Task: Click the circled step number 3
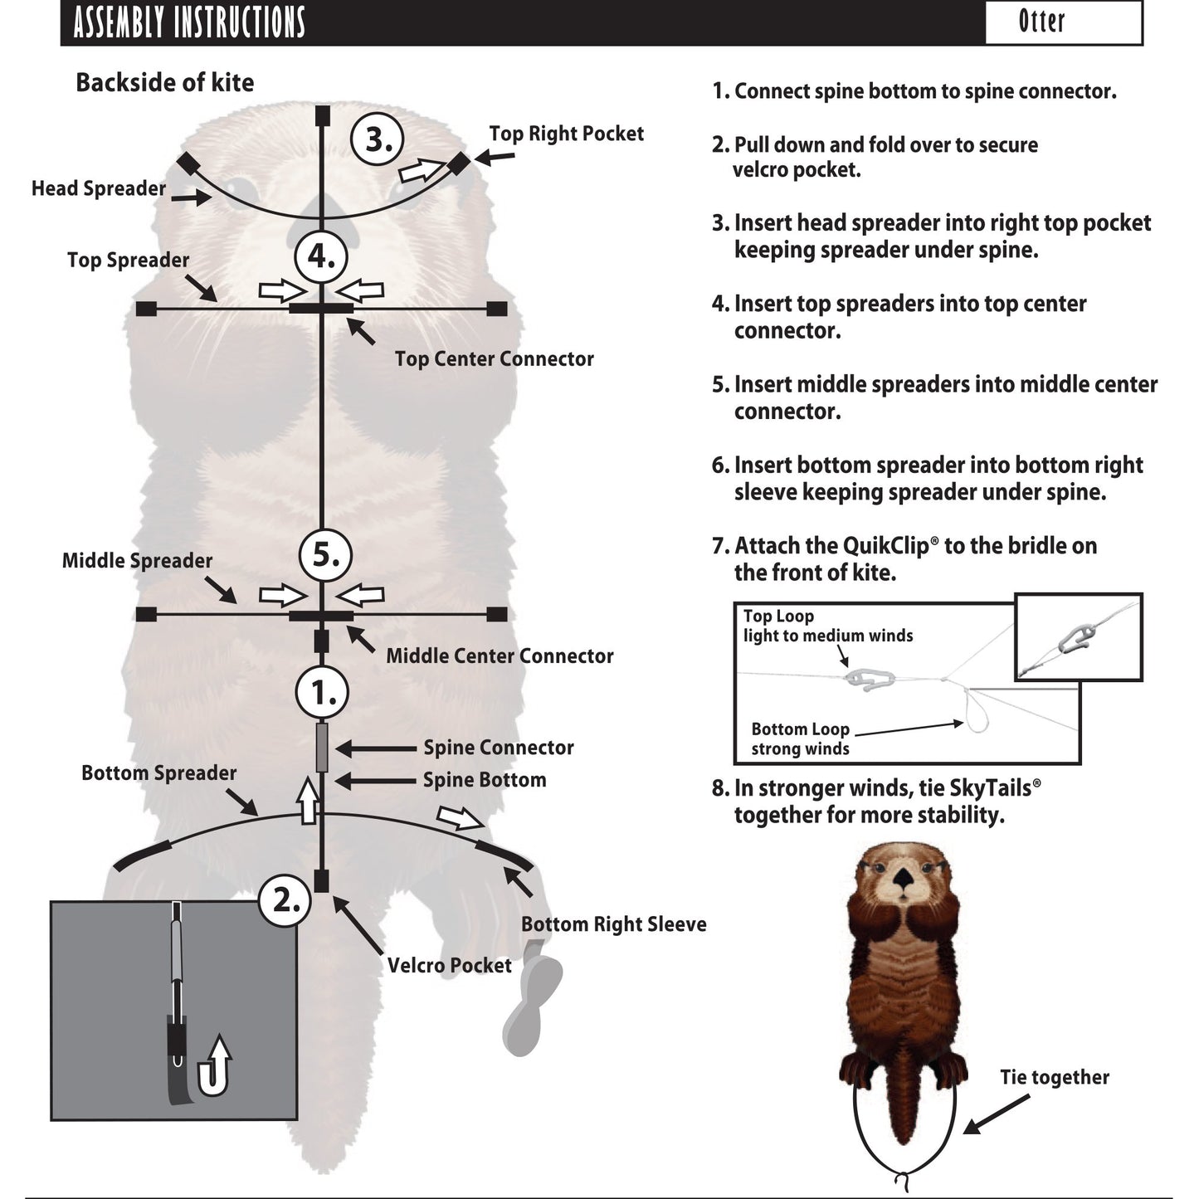378,139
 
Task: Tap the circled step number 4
321,255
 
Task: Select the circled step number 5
325,554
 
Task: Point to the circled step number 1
322,692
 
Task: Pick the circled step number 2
285,899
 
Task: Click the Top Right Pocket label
566,134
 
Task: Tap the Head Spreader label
99,188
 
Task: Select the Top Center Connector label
494,359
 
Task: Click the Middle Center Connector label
500,656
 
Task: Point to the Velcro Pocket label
449,966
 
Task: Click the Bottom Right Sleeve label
613,924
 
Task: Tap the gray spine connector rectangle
322,747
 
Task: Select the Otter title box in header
1063,22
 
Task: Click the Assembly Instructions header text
189,22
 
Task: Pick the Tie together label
1054,1077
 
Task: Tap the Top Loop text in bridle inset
778,617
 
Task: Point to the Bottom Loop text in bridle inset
800,729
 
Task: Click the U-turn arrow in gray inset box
213,1068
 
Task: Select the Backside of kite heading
164,83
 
